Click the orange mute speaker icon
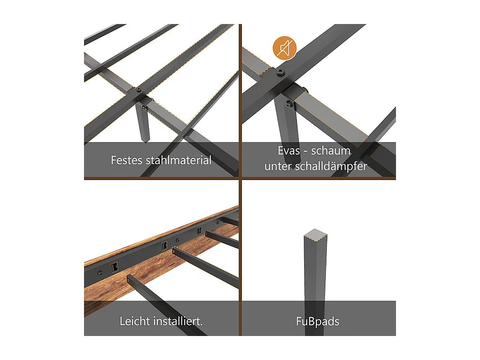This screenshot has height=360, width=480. point(284,48)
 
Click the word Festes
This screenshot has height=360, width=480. point(127,160)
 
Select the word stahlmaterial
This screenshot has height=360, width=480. point(179,160)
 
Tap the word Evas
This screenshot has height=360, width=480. point(288,151)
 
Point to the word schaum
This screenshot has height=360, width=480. point(331,151)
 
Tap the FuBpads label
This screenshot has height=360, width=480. point(318,322)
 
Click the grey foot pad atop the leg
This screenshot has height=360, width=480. point(316,233)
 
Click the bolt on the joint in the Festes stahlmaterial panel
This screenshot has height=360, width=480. point(139,90)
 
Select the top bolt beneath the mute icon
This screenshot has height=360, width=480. point(280,72)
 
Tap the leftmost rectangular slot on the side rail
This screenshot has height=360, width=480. point(115,266)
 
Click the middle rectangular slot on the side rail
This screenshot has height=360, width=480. point(165,245)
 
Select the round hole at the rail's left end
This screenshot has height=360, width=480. point(100,273)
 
